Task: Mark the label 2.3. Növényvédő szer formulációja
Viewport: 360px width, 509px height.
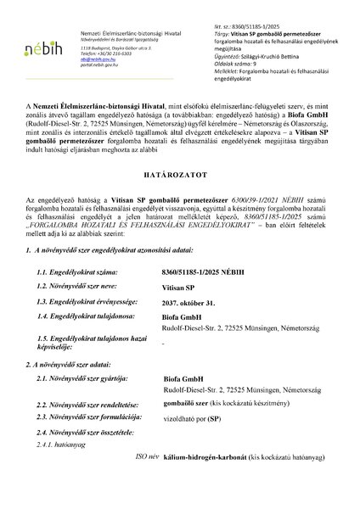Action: (90, 442)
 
